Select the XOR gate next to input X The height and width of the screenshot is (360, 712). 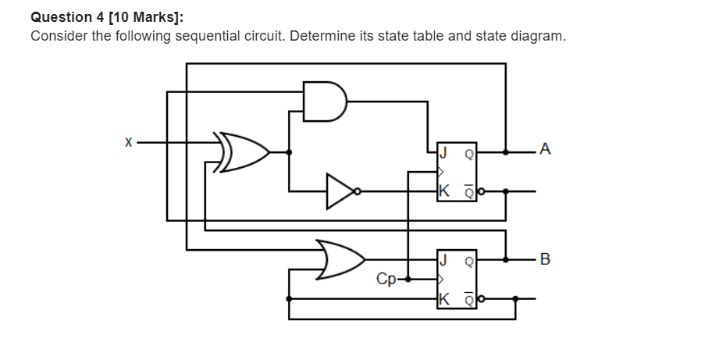point(245,151)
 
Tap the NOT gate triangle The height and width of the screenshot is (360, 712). point(340,190)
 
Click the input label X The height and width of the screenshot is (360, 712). point(128,143)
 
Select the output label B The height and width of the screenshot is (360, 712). point(544,258)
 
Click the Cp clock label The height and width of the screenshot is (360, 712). point(385,278)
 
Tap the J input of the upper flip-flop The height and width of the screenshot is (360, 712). point(444,152)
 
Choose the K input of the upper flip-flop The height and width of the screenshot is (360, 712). point(444,191)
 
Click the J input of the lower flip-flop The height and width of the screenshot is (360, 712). point(444,259)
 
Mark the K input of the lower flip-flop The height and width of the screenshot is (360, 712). point(444,298)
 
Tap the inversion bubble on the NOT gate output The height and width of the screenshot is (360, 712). point(358,190)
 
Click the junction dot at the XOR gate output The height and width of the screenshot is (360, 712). point(290,151)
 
